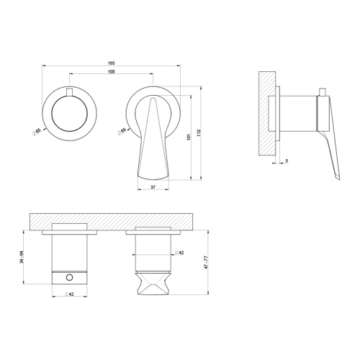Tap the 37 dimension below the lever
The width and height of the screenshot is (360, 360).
[x=152, y=186]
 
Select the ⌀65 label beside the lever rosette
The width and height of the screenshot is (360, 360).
[x=123, y=131]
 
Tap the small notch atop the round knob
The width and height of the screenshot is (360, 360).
[x=69, y=91]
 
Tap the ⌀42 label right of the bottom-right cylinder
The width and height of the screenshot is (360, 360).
[x=180, y=253]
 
